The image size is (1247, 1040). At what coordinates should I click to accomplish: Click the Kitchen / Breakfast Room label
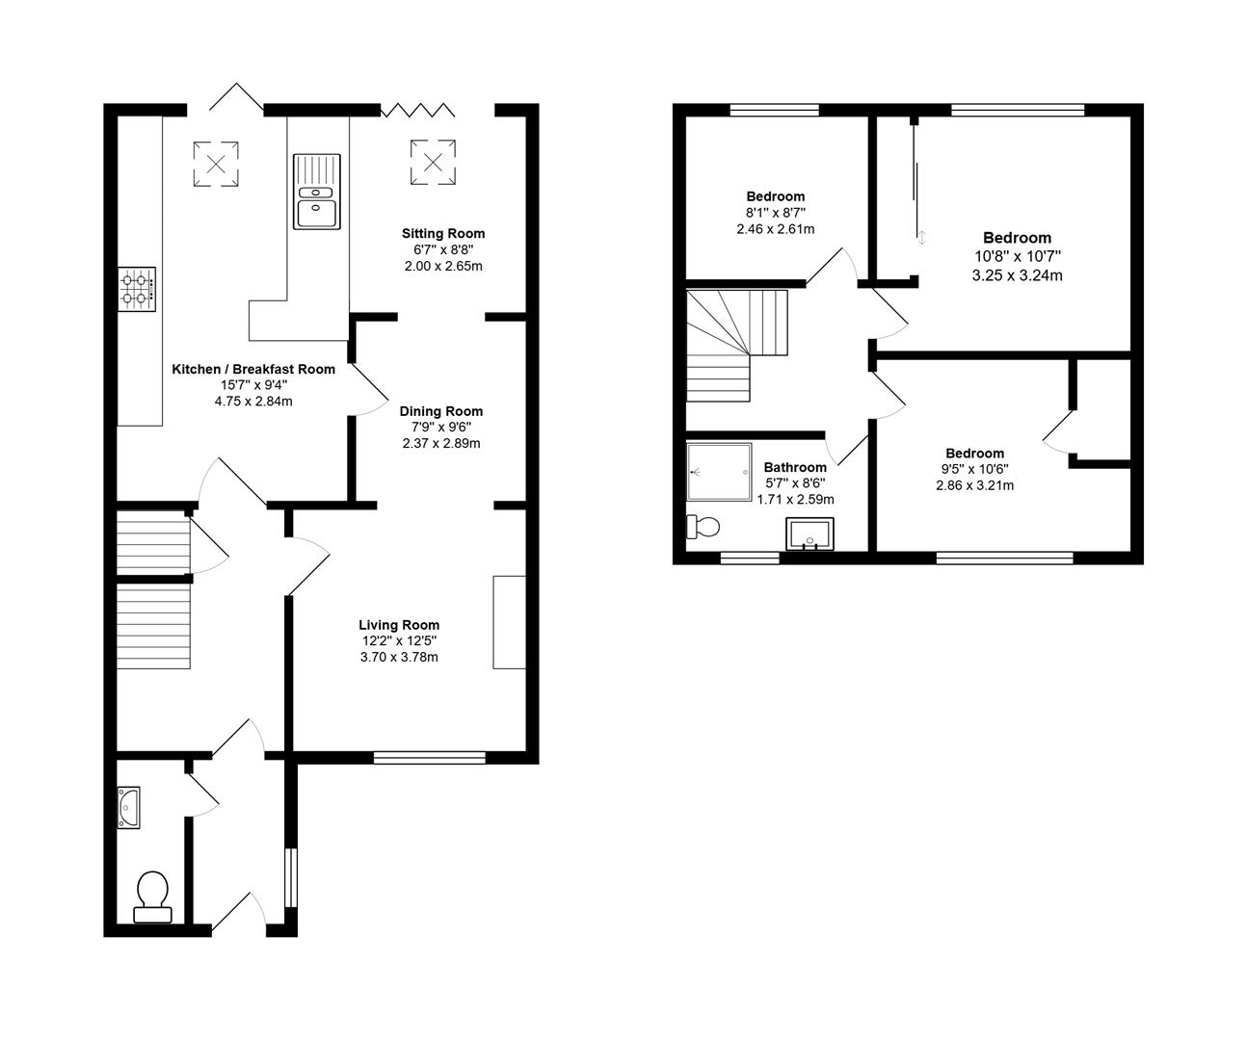pyautogui.click(x=253, y=370)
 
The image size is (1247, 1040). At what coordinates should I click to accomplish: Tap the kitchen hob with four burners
pyautogui.click(x=137, y=289)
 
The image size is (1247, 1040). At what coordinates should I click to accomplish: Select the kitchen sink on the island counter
pyautogui.click(x=316, y=192)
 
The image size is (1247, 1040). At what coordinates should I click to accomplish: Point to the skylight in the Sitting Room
pyautogui.click(x=433, y=162)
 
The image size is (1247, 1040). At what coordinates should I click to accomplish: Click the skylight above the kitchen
pyautogui.click(x=216, y=164)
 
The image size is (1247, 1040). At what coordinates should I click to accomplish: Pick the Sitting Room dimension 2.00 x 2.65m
pyautogui.click(x=443, y=266)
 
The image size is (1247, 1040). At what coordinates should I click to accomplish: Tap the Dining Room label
pyautogui.click(x=440, y=411)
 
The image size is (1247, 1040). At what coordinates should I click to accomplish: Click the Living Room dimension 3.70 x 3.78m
pyautogui.click(x=399, y=657)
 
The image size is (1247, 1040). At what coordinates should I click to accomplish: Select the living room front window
pyautogui.click(x=430, y=758)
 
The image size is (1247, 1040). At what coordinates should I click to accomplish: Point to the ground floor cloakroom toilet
pyautogui.click(x=153, y=897)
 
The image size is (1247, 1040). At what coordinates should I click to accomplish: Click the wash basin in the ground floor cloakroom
pyautogui.click(x=128, y=807)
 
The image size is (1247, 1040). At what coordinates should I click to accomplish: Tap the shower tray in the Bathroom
pyautogui.click(x=719, y=472)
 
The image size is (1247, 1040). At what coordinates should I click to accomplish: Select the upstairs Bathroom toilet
pyautogui.click(x=703, y=527)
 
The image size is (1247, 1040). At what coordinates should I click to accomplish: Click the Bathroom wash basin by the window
pyautogui.click(x=809, y=534)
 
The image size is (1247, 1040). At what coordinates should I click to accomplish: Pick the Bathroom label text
pyautogui.click(x=795, y=467)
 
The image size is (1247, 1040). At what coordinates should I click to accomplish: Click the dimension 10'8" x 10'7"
pyautogui.click(x=1017, y=256)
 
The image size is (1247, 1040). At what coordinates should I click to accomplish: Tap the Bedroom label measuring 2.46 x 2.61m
pyautogui.click(x=775, y=196)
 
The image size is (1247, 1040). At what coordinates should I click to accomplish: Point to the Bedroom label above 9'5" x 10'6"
pyautogui.click(x=974, y=453)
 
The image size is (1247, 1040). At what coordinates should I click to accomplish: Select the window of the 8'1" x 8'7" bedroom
pyautogui.click(x=774, y=110)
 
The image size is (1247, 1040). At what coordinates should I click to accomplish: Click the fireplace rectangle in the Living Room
pyautogui.click(x=510, y=622)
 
